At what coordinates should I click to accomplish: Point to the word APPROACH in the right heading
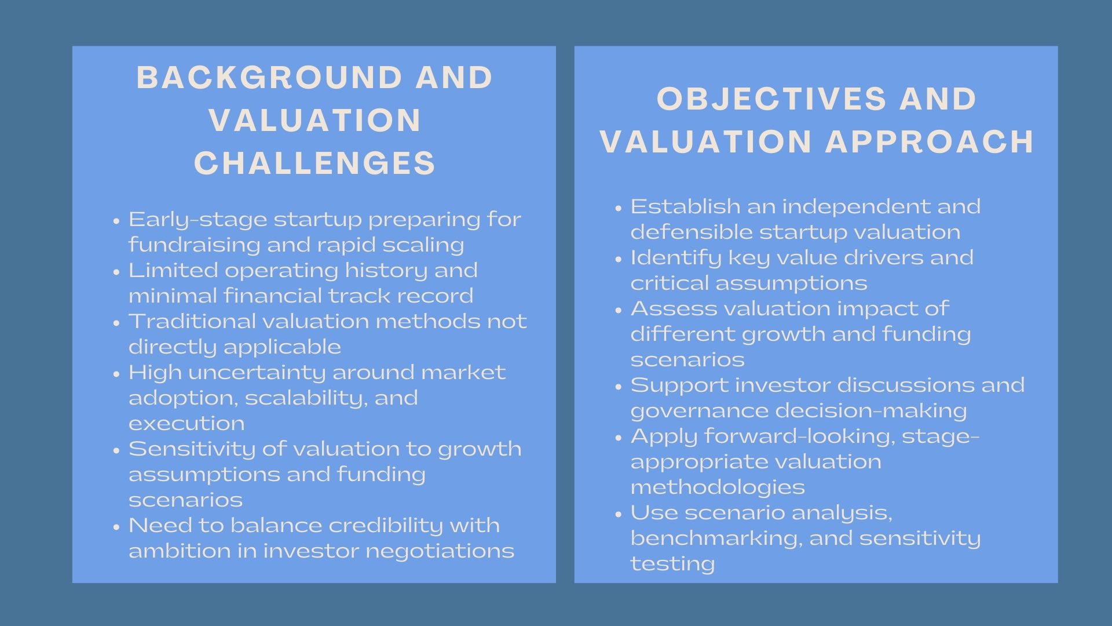930,141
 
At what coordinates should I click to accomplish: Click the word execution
186,423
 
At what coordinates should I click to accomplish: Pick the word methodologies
718,487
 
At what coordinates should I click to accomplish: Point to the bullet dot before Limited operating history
117,271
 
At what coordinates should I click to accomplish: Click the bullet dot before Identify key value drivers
619,259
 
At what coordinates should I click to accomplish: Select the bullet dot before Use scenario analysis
619,514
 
